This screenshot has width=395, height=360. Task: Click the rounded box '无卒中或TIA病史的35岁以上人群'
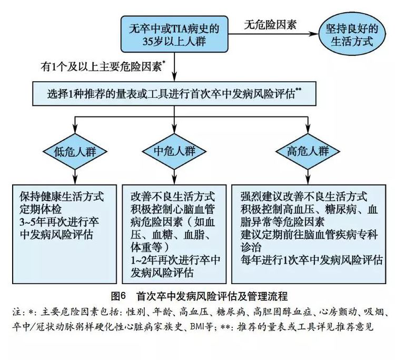(174, 34)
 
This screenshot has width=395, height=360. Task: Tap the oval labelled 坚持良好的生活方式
(352, 35)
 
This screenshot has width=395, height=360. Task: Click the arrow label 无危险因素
(270, 25)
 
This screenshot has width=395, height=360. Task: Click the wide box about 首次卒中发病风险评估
(174, 93)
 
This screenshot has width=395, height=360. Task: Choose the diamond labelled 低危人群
(75, 151)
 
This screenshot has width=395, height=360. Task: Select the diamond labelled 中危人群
(174, 151)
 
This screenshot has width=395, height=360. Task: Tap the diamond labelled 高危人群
(308, 151)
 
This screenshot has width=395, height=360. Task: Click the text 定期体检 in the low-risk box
(41, 209)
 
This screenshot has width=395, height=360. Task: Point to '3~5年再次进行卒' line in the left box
(59, 222)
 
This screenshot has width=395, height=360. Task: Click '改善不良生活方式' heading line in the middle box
(173, 197)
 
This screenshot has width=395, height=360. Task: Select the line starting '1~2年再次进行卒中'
(175, 260)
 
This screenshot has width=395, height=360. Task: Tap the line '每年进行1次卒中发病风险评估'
(312, 260)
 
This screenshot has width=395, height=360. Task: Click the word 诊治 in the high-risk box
(251, 247)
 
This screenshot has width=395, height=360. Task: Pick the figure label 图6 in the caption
(118, 296)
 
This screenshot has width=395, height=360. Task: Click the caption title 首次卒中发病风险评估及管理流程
(212, 296)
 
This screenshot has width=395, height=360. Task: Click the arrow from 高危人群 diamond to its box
(308, 177)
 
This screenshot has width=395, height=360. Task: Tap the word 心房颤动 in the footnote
(338, 312)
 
